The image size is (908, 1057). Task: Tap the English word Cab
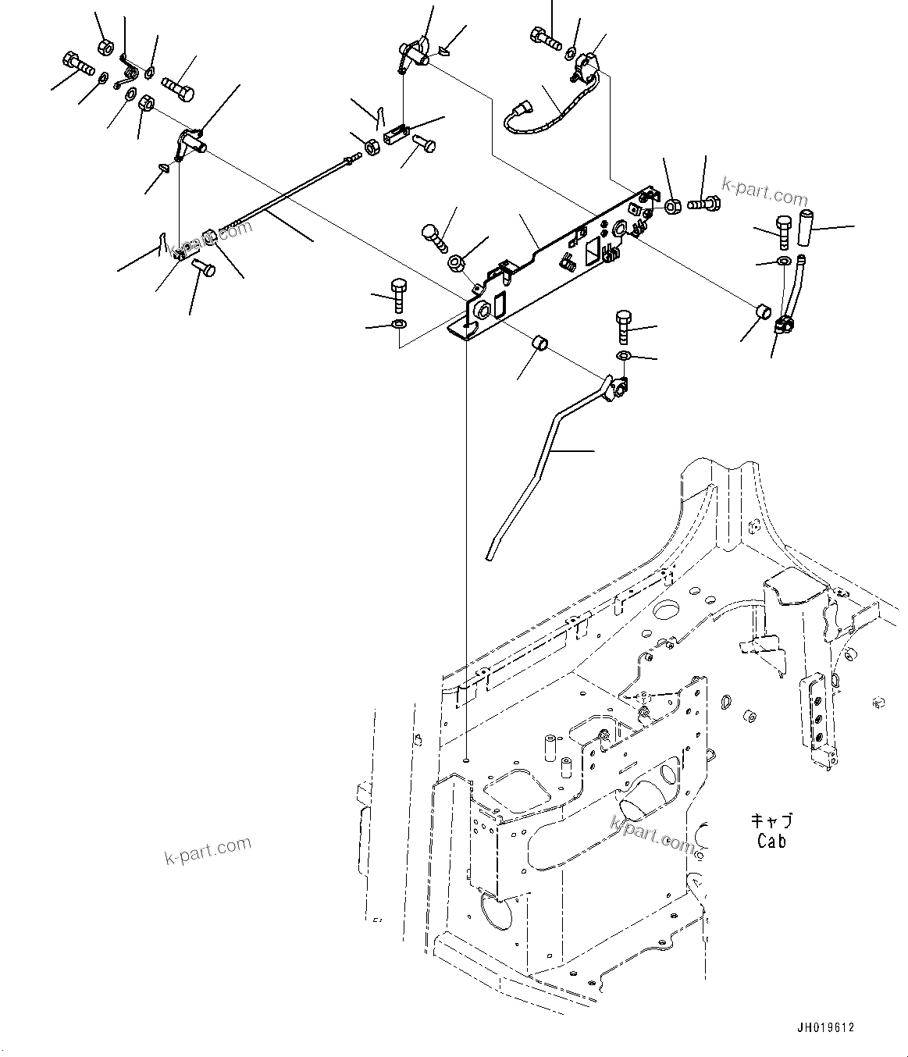[x=771, y=841]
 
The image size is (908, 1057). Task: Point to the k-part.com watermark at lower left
[x=208, y=850]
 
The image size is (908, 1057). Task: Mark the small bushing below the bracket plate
[x=538, y=343]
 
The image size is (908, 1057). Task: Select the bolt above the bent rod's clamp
[x=624, y=327]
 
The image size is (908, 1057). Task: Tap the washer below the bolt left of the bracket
[x=398, y=323]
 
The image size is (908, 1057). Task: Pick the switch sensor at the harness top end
[x=586, y=63]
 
